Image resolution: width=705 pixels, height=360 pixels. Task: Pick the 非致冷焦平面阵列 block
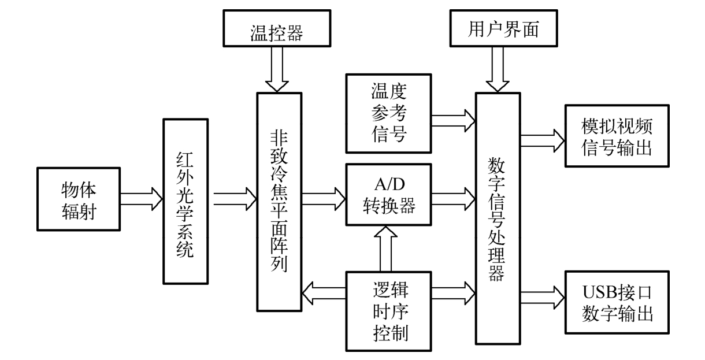(280, 202)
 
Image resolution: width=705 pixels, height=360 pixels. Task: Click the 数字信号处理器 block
(498, 218)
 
